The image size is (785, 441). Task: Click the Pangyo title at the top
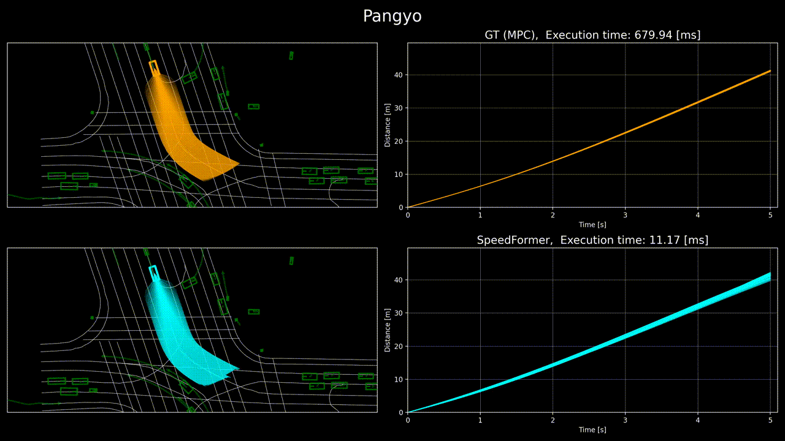click(x=392, y=17)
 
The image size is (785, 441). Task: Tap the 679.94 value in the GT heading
click(x=653, y=35)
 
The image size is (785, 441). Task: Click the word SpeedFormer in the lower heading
click(x=515, y=241)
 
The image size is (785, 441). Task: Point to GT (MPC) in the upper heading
click(x=511, y=35)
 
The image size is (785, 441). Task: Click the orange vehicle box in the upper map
click(x=154, y=68)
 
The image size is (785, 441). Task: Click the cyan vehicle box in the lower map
click(x=154, y=273)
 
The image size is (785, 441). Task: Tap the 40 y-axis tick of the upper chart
click(x=399, y=75)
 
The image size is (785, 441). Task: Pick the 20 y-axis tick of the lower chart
click(x=399, y=346)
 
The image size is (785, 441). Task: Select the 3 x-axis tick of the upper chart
click(x=625, y=215)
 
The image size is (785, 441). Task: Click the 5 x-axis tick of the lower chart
click(x=770, y=420)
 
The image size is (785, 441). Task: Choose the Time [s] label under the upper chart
click(x=592, y=225)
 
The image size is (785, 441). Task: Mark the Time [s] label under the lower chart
click(x=592, y=430)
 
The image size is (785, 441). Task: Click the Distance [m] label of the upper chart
click(x=387, y=126)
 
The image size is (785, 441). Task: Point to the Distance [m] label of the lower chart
click(x=387, y=330)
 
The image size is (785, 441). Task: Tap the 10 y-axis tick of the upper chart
click(x=399, y=175)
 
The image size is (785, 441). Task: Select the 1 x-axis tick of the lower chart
click(x=480, y=420)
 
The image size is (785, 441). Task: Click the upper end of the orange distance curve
click(x=770, y=71)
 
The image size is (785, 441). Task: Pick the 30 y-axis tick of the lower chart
click(x=399, y=313)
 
